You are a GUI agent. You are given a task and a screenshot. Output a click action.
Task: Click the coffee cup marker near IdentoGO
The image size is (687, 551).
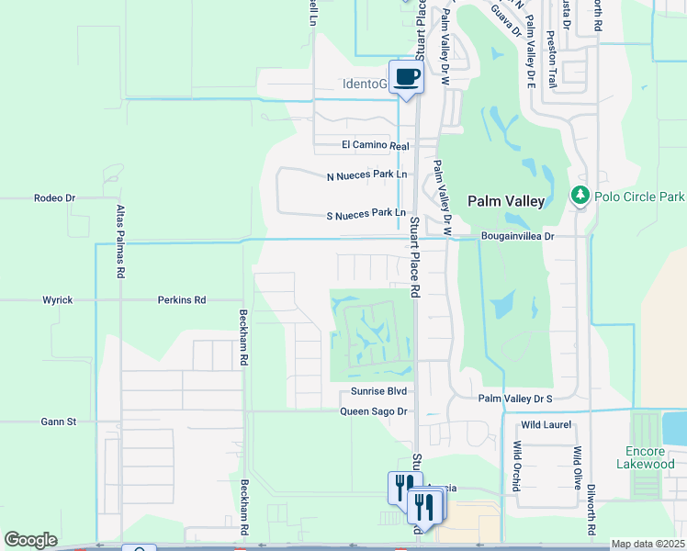(407, 77)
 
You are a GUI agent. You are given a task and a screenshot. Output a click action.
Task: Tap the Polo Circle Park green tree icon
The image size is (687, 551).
(580, 197)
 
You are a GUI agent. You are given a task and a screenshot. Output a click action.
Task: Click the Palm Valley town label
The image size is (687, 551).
(506, 200)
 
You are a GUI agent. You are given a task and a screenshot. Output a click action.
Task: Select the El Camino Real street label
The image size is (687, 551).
(375, 145)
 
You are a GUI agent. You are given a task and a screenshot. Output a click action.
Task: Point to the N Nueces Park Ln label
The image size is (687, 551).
(366, 176)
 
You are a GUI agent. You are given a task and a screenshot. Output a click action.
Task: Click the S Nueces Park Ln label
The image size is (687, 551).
(366, 216)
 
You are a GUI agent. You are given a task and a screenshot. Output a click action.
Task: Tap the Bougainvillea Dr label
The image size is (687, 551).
(518, 236)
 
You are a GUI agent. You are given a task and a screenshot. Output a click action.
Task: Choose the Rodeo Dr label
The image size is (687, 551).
(54, 197)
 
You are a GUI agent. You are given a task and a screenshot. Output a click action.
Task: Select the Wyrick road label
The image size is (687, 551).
(57, 299)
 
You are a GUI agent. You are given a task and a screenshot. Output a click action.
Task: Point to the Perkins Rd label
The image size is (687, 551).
(181, 299)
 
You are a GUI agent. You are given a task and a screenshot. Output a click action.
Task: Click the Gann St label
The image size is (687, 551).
(57, 422)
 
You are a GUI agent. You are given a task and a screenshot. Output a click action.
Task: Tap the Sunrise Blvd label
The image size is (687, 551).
(378, 391)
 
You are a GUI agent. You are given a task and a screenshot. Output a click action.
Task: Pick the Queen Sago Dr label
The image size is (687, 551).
(373, 411)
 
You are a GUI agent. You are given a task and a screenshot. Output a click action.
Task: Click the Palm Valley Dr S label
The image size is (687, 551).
(515, 399)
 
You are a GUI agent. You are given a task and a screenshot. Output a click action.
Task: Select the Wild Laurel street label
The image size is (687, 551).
(546, 425)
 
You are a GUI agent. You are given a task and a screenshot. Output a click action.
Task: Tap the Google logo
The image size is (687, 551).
(30, 540)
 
